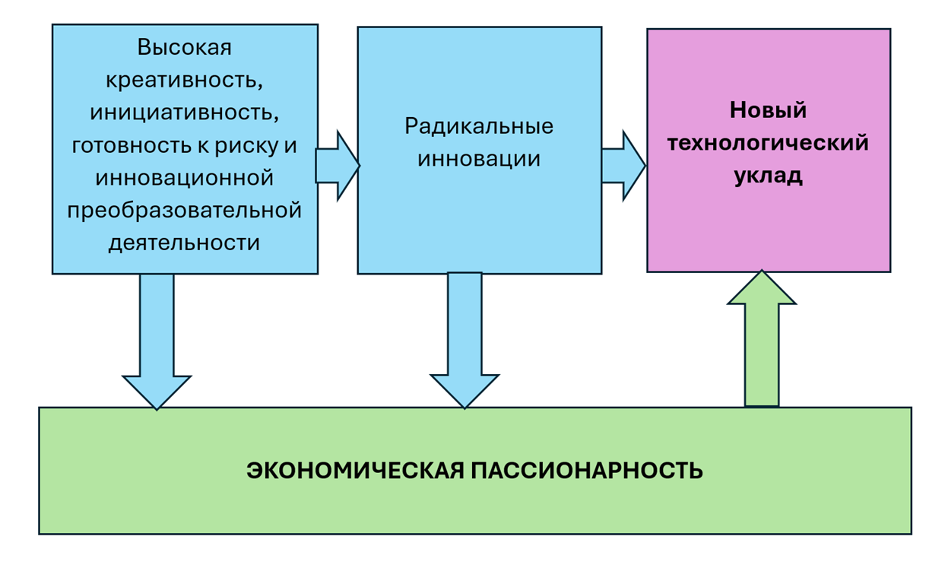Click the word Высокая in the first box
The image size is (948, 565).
[185, 47]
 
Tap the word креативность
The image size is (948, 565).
[185, 80]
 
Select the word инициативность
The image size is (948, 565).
[185, 113]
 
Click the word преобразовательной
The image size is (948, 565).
[185, 210]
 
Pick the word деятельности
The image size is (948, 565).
[185, 243]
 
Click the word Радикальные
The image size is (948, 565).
[479, 125]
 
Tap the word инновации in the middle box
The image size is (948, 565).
[479, 159]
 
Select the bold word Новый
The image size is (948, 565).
[768, 110]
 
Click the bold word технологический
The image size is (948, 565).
[768, 143]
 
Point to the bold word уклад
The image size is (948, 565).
[768, 176]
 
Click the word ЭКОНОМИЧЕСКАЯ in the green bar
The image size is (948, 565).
[355, 471]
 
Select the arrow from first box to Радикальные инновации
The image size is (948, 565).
[337, 166]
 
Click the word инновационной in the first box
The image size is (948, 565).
[185, 178]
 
